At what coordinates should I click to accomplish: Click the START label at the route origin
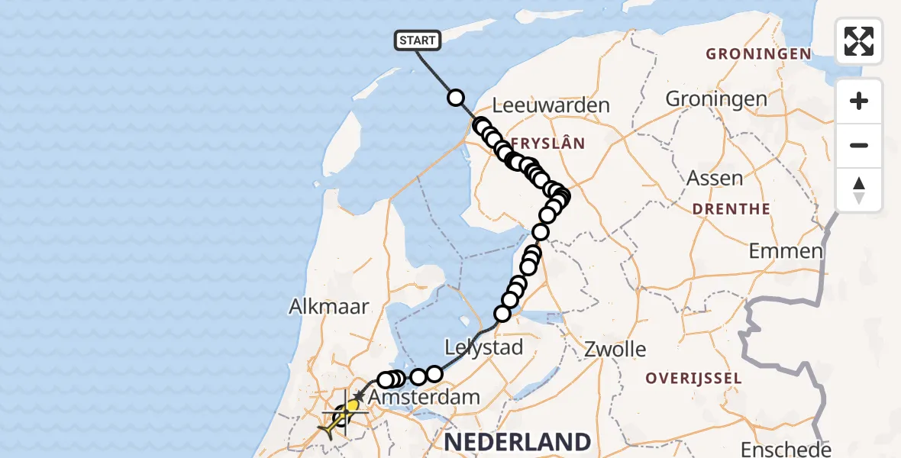click(x=417, y=40)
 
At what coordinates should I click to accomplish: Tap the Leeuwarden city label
click(x=551, y=105)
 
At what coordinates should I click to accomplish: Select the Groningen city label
click(x=716, y=98)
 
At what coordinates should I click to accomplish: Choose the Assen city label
click(x=715, y=178)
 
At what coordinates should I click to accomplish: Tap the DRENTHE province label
click(x=731, y=208)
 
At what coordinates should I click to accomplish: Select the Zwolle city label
click(x=615, y=350)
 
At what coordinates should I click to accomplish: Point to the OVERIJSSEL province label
click(x=693, y=378)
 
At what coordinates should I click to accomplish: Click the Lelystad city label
click(x=485, y=348)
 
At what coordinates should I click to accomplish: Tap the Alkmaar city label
click(x=328, y=306)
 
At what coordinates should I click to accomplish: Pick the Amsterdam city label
click(x=424, y=397)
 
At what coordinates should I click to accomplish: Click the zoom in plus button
click(x=859, y=101)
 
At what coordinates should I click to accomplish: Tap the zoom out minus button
click(x=859, y=145)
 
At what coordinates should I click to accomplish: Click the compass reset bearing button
click(x=859, y=189)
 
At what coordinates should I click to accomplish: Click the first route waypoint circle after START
click(x=456, y=98)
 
